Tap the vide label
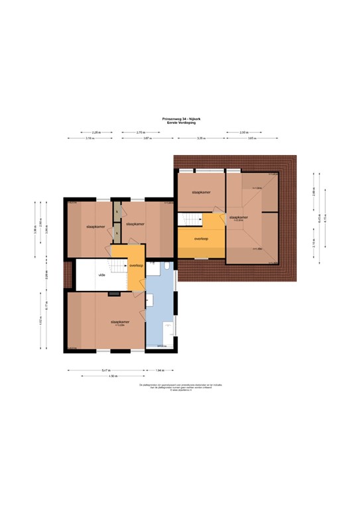[x=102, y=274]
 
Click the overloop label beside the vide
[x=137, y=265]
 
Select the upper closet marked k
[x=117, y=211]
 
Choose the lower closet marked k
[x=117, y=232]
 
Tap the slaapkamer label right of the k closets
[x=135, y=224]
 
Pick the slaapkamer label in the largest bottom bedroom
[x=120, y=321]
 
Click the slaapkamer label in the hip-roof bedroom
[x=239, y=217]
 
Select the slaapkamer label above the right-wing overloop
[x=201, y=192]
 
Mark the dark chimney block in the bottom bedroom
[x=113, y=292]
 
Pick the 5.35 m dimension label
[x=200, y=139]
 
